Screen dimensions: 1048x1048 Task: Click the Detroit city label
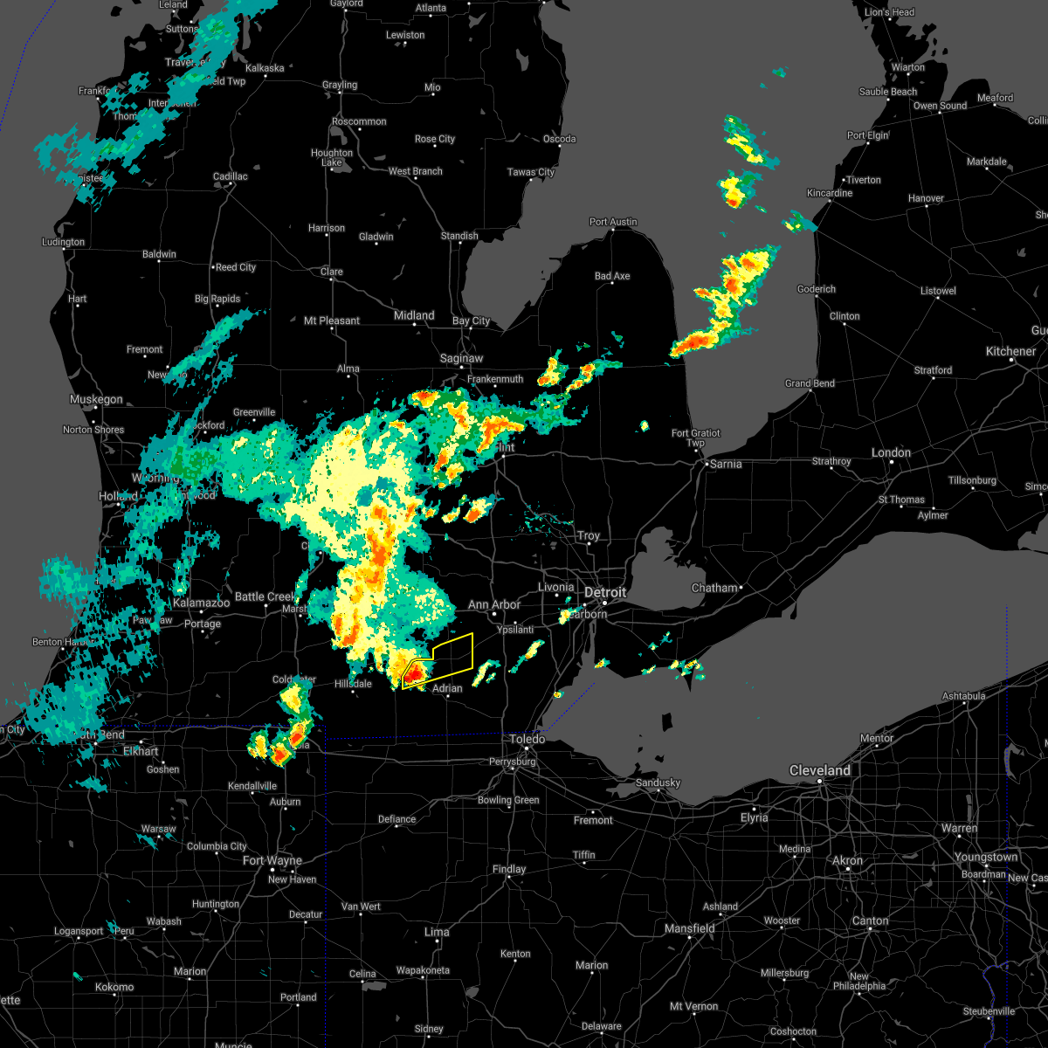pyautogui.click(x=605, y=593)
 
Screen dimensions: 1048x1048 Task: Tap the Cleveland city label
pyautogui.click(x=819, y=770)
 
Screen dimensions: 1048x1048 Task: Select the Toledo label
pyautogui.click(x=527, y=740)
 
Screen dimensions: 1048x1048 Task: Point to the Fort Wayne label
pyautogui.click(x=272, y=861)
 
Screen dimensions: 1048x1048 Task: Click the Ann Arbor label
pyautogui.click(x=493, y=604)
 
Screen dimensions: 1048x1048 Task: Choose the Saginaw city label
pyautogui.click(x=461, y=358)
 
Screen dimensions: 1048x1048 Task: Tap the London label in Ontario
pyautogui.click(x=891, y=452)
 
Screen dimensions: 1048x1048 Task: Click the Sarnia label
pyautogui.click(x=725, y=464)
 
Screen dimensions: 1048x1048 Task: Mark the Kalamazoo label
pyautogui.click(x=201, y=603)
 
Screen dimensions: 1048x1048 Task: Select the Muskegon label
pyautogui.click(x=96, y=400)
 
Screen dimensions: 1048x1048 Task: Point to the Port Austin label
pyautogui.click(x=613, y=222)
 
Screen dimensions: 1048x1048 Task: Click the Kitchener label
pyautogui.click(x=1010, y=351)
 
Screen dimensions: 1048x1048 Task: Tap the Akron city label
pyautogui.click(x=847, y=860)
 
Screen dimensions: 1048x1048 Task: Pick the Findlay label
pyautogui.click(x=509, y=869)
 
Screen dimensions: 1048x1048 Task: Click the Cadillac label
pyautogui.click(x=231, y=176)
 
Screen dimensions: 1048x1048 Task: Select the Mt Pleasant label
pyautogui.click(x=332, y=321)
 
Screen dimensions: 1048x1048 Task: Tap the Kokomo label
pyautogui.click(x=114, y=987)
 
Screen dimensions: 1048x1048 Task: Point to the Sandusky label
pyautogui.click(x=658, y=783)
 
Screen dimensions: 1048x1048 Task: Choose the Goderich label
pyautogui.click(x=817, y=289)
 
